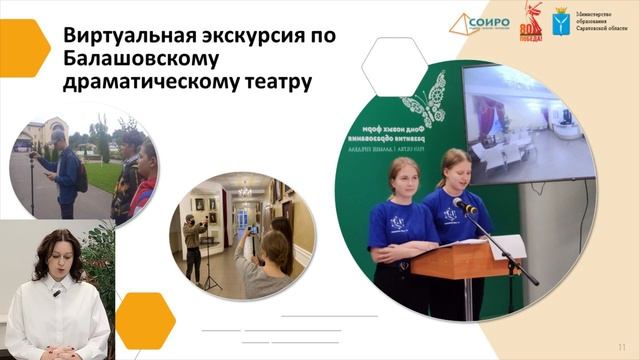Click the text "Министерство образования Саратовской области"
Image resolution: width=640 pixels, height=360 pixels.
coord(604,22)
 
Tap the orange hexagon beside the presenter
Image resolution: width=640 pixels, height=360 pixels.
coord(145,320)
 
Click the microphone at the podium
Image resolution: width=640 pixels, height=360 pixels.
coord(463,206)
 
